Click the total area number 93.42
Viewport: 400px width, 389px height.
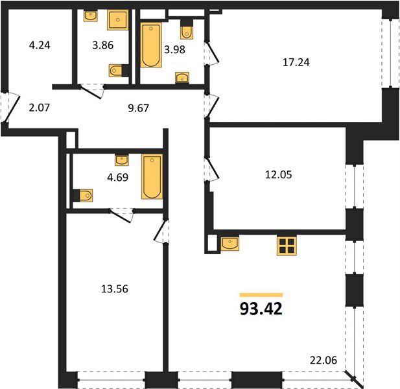261,309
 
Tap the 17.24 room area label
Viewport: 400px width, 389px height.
296,62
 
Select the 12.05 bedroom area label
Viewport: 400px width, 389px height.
279,175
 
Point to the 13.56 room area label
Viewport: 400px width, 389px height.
115,289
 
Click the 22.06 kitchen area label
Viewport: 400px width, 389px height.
324,360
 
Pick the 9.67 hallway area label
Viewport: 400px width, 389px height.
138,108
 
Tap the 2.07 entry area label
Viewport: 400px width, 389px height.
39,108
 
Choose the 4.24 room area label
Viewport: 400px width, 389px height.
40,45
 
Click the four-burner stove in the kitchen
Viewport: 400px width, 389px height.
287,246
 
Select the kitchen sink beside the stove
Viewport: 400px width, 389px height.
230,243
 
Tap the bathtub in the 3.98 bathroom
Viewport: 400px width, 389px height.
151,45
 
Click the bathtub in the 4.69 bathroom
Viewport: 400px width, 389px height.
152,176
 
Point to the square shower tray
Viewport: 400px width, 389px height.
117,20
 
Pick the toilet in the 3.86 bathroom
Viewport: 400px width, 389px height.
119,71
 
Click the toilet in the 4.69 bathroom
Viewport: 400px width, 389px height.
82,196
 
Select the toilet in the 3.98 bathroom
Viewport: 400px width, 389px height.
187,29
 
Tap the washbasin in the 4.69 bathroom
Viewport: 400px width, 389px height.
122,160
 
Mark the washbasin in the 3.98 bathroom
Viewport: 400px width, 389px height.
182,78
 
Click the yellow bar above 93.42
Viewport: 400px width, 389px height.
261,295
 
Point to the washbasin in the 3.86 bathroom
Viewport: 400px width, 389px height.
91,16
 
